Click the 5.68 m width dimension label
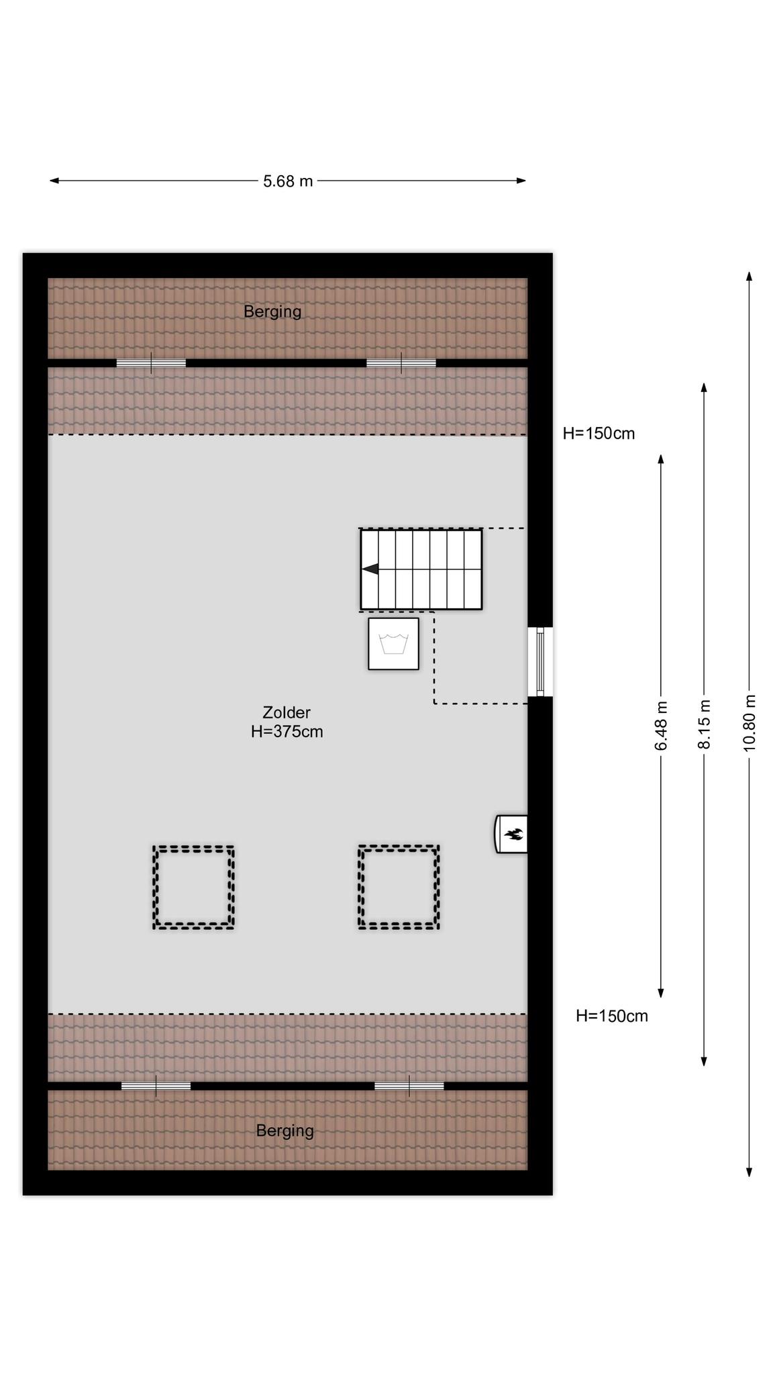(x=288, y=181)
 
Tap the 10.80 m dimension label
(x=750, y=723)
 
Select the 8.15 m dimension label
(x=704, y=724)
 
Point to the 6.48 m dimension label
(x=661, y=726)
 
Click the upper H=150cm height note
(x=599, y=434)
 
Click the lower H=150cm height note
(x=612, y=1016)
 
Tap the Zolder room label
(x=287, y=712)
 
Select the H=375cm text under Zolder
(x=287, y=732)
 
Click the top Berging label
(x=272, y=312)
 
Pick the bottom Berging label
(x=285, y=1131)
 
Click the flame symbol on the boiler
(x=515, y=835)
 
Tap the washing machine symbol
(x=393, y=644)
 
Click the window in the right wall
(x=540, y=662)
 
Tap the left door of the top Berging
(x=151, y=363)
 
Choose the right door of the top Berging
(x=401, y=363)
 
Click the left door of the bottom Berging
(x=156, y=1086)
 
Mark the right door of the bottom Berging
(x=409, y=1086)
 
